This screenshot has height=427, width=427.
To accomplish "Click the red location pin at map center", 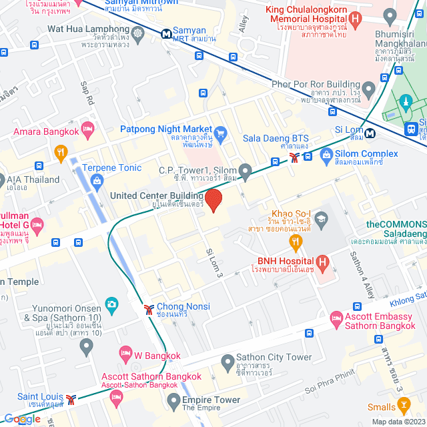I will pos(213,200).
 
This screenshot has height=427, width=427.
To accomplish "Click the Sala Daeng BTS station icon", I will pos(294,157).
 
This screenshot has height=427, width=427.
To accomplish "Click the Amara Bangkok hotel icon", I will pos(87,127).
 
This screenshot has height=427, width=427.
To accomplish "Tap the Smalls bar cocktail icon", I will pos(403,404).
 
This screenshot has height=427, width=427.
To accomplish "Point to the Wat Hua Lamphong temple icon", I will pos(138,33).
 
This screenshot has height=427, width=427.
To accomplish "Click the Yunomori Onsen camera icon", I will pos(111,305).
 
